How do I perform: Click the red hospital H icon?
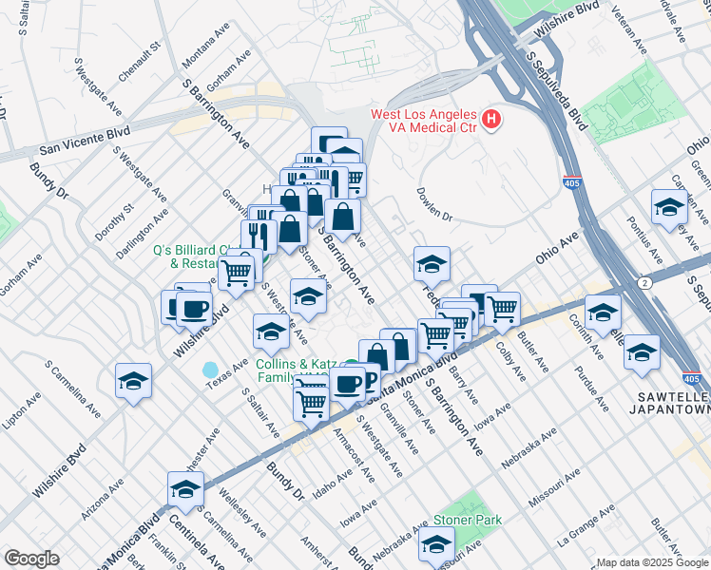coord(490,120)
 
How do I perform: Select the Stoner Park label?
coord(468,520)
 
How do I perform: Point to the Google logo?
coord(31,559)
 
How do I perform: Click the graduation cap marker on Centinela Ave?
coord(184,489)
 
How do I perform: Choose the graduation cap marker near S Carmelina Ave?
coord(133,381)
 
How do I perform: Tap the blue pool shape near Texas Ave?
coord(210,369)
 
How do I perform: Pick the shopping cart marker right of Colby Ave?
coord(502,308)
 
